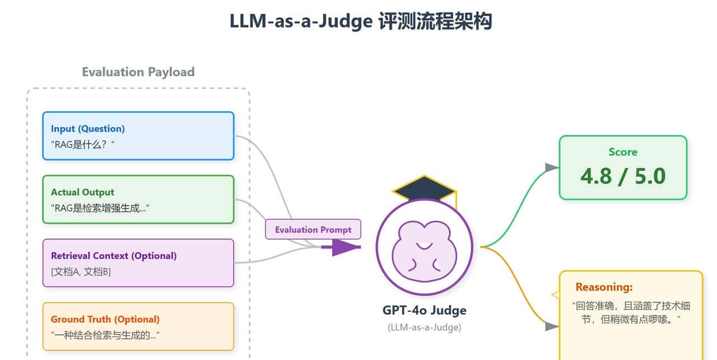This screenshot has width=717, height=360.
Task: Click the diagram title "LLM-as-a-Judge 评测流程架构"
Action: [360, 21]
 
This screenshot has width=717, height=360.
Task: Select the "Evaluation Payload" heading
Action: [138, 72]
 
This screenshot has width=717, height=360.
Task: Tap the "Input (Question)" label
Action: [88, 128]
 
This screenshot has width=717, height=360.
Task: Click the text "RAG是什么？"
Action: [82, 144]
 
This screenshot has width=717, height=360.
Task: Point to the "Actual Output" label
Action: [82, 192]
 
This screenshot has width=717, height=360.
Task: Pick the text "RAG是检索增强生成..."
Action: [101, 208]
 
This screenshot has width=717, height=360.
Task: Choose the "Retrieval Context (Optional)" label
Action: [114, 256]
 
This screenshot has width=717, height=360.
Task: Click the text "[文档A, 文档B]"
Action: [81, 272]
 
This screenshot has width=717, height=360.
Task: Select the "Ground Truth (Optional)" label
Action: [105, 319]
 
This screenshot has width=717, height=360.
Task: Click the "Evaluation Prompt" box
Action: [313, 230]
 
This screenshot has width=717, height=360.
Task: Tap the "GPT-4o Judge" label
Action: [424, 310]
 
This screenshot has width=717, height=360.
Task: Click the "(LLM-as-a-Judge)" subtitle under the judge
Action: [424, 328]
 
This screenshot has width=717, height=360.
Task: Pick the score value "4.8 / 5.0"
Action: [623, 176]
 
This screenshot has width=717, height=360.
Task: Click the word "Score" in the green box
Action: [623, 152]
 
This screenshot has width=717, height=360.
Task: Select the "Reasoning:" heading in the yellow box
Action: [604, 287]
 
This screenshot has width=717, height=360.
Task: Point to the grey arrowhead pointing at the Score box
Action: [552, 167]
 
